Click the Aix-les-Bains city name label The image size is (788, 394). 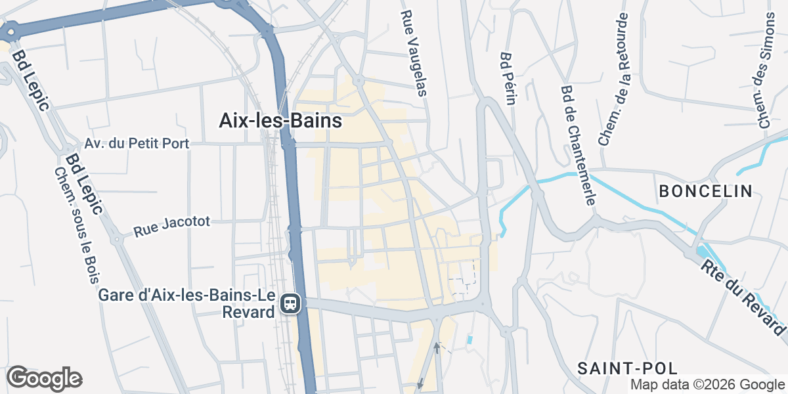click(x=280, y=121)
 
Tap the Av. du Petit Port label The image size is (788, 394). click(x=137, y=143)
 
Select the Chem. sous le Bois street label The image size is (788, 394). click(x=73, y=225)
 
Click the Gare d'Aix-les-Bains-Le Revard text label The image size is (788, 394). click(x=186, y=303)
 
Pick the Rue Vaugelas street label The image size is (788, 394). click(x=415, y=53)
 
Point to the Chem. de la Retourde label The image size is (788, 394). click(x=614, y=79)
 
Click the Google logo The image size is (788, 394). click(x=44, y=379)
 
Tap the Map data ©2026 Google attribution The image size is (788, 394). click(x=707, y=385)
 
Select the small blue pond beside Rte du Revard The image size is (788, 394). click(x=702, y=252)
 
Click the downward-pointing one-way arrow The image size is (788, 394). click(x=420, y=384)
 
